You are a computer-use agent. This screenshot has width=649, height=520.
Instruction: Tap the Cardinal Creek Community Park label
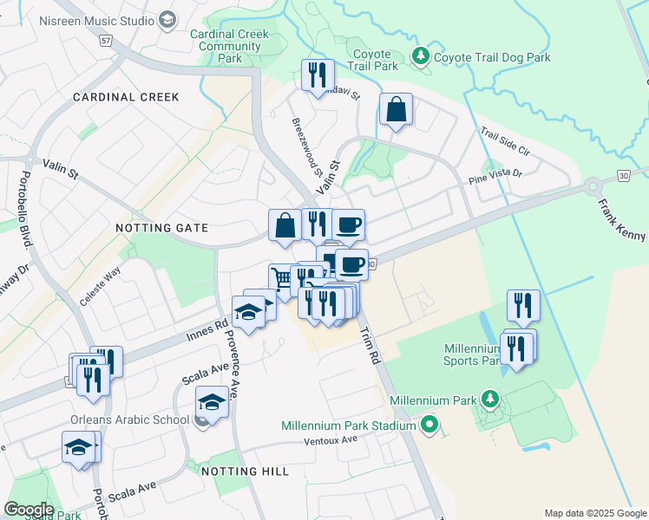229,47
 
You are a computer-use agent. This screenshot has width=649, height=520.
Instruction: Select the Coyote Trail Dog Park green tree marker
421,57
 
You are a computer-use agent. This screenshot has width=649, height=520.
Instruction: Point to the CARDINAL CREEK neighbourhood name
126,97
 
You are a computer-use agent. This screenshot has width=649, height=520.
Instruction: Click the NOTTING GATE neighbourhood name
162,228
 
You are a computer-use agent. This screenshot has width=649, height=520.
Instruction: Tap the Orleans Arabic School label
129,420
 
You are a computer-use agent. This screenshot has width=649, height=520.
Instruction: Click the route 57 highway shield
106,40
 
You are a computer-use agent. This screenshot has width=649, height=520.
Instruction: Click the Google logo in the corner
29,510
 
